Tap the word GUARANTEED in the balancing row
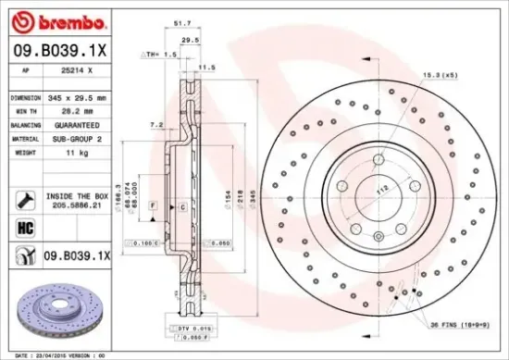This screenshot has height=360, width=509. [77, 124]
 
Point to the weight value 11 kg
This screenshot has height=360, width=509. [66, 152]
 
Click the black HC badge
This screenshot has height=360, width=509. [23, 225]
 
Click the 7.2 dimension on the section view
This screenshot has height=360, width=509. [156, 123]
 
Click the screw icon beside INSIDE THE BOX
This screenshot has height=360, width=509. [22, 196]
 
